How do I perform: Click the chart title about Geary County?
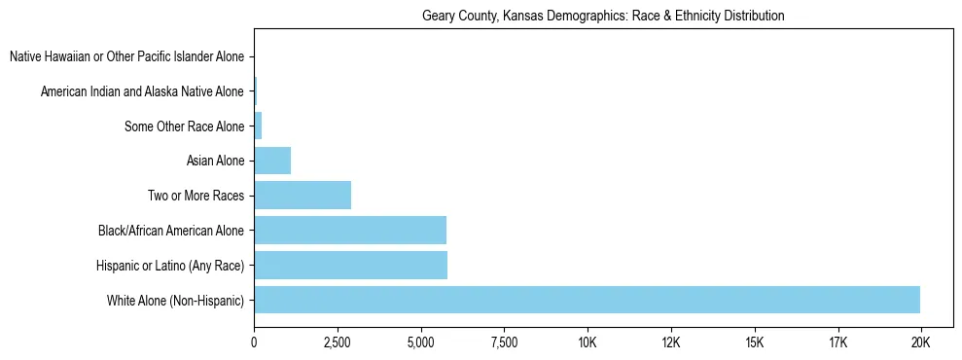603,17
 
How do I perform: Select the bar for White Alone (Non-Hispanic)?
587,300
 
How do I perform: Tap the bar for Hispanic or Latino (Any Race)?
350,266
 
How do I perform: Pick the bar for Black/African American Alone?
350,231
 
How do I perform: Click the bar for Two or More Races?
303,196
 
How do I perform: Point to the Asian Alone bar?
272,161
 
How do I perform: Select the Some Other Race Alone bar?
258,126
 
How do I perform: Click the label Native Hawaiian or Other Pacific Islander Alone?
127,56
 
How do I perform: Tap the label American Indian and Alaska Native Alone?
143,91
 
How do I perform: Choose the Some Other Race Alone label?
185,126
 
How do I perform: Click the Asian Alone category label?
216,161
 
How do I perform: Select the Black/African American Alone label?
171,231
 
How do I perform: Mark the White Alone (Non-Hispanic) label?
176,300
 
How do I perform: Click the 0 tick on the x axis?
254,342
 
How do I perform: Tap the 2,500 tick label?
338,342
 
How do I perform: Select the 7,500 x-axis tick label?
504,342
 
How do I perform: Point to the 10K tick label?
588,342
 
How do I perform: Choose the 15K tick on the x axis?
754,342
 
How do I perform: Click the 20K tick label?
920,342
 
